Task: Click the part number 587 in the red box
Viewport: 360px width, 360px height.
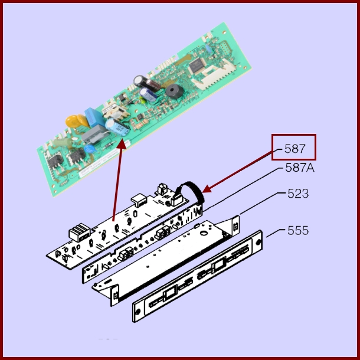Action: click(294, 148)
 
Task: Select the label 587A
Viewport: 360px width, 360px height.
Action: click(300, 168)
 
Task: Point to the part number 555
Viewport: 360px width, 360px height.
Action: click(298, 230)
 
